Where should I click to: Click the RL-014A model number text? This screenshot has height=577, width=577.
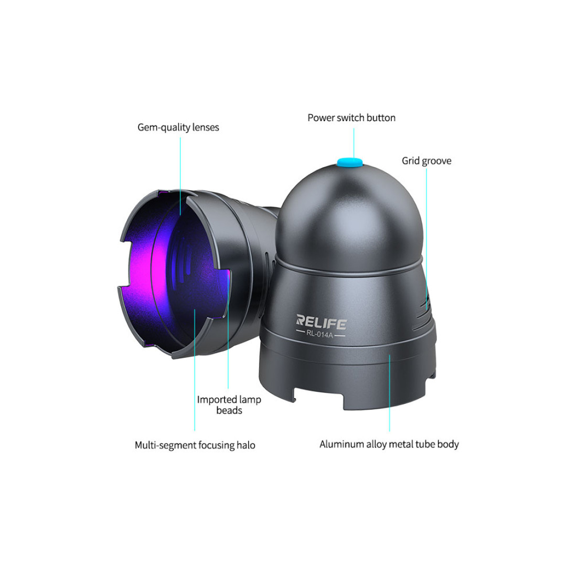319,335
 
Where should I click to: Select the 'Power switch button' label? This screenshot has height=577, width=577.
351,117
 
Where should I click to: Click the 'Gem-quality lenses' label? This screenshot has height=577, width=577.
178,127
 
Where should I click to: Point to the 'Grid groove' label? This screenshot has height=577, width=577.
426,161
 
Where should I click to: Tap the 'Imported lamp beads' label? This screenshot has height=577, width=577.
229,405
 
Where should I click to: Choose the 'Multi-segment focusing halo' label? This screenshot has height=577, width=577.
195,445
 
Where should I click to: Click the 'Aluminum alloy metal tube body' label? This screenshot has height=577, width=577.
389,444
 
